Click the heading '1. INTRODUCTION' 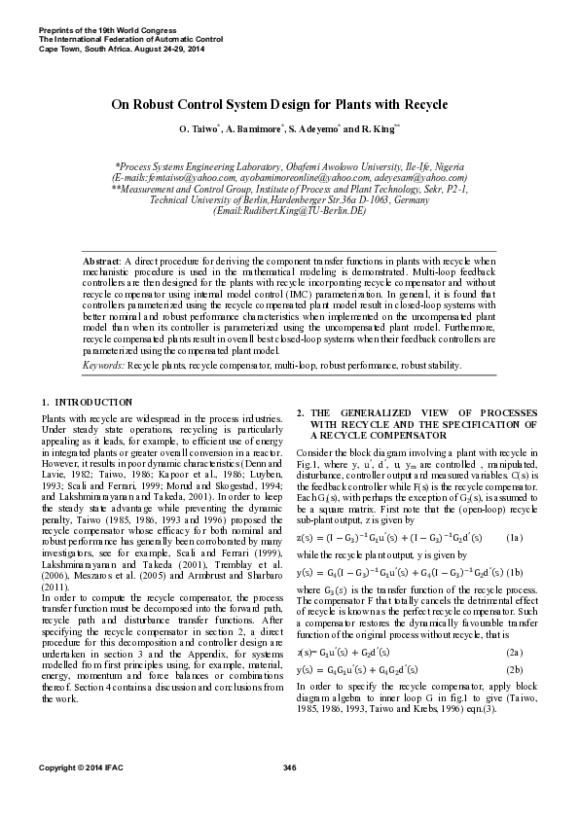pos(87,402)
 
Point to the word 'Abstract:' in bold pos(102,263)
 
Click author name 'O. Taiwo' pos(199,128)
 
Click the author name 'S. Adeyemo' pos(313,128)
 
